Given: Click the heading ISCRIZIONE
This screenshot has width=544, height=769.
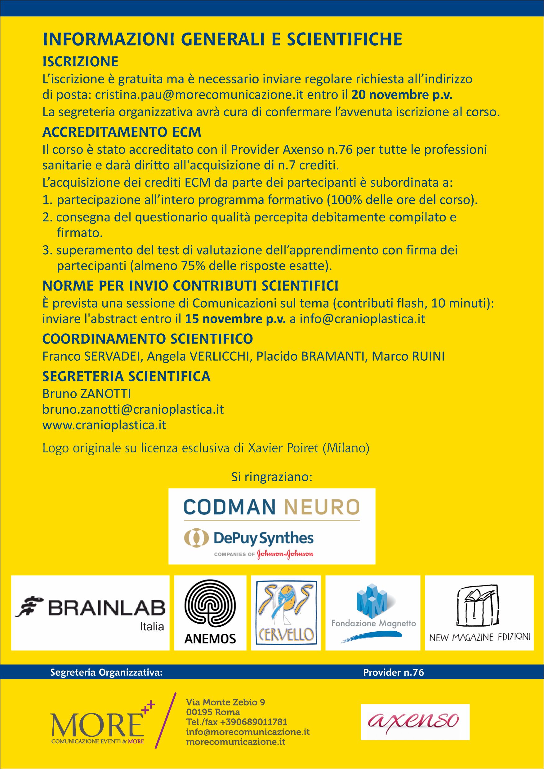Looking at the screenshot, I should (80, 62).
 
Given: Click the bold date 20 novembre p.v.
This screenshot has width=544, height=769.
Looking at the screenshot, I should (402, 95).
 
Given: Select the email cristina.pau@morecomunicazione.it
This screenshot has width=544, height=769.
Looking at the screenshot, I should (199, 95).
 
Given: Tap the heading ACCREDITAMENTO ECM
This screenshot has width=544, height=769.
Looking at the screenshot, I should (122, 132).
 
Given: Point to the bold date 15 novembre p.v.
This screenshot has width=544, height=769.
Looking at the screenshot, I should (235, 319).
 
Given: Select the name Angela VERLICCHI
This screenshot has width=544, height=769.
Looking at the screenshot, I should (199, 356).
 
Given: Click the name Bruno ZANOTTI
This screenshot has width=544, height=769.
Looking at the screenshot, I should (87, 394).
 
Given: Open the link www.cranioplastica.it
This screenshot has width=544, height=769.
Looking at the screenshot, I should (104, 425).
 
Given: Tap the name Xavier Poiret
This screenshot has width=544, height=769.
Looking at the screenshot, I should (283, 448).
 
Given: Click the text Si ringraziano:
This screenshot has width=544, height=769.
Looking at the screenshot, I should (272, 477).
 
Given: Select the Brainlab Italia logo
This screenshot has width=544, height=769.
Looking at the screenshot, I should (90, 613).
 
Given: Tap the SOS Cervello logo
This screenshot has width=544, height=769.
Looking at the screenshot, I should (286, 613).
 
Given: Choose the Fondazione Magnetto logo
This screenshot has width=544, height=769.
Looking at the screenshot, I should (372, 613).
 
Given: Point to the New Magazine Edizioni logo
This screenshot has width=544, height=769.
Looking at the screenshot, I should (479, 613).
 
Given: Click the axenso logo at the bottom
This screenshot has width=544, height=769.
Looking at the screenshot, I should (415, 722).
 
